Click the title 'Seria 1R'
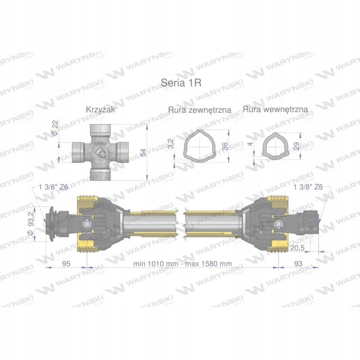point(181,83)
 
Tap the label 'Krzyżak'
point(100,109)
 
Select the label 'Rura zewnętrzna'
point(200,110)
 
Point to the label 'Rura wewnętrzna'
point(276,109)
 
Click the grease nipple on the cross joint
point(101,153)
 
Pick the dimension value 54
point(143,153)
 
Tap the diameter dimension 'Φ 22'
point(55,128)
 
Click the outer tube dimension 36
point(226,146)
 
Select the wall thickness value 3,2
point(171,144)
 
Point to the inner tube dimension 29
point(297,146)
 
